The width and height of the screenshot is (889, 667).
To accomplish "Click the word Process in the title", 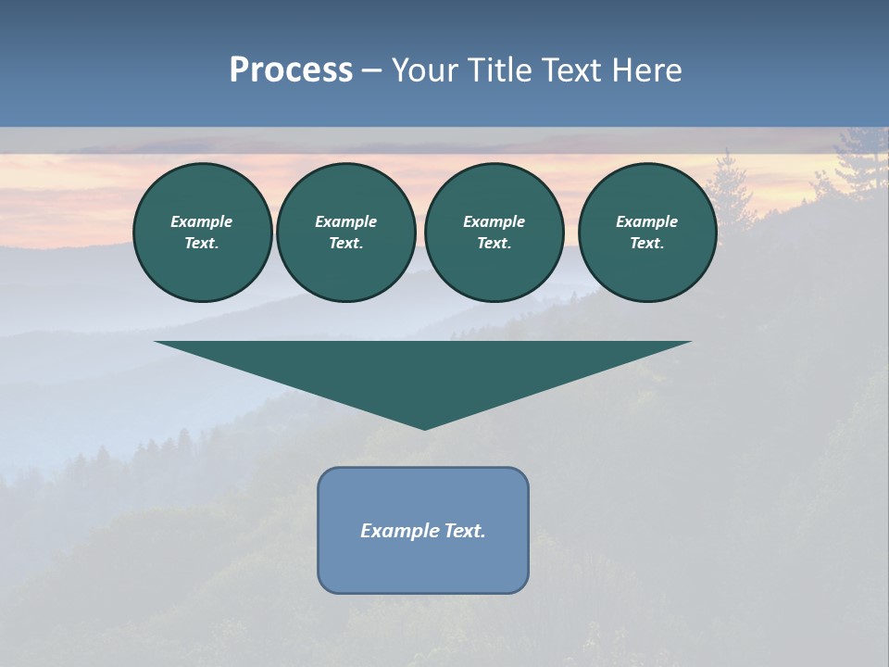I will (291, 69).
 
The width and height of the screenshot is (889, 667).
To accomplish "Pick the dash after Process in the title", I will (372, 70).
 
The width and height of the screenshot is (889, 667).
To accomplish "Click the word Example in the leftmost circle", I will (202, 221).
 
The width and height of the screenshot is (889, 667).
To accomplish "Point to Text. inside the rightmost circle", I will (647, 243).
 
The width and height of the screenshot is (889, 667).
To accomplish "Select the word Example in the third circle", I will (494, 221).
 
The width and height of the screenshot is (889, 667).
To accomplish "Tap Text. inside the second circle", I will (346, 243).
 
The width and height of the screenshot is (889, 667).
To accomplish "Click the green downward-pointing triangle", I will (423, 371).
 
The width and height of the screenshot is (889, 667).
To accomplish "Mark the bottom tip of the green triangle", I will (424, 428).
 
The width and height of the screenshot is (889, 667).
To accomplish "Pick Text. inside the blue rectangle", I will (464, 531).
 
